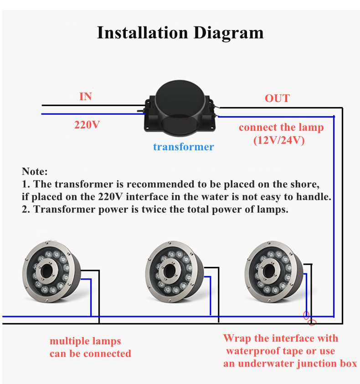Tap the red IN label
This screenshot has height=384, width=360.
(x=86, y=97)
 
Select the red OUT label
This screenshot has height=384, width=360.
(x=277, y=98)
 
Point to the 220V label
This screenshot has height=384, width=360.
(x=87, y=124)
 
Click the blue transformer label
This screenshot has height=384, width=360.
(x=183, y=147)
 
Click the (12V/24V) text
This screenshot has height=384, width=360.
(x=279, y=140)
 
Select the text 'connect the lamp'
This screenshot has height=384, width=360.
(x=281, y=127)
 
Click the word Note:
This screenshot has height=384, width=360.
(x=35, y=172)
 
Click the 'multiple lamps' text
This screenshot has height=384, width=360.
(x=85, y=341)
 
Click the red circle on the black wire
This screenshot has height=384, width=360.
(x=312, y=323)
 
